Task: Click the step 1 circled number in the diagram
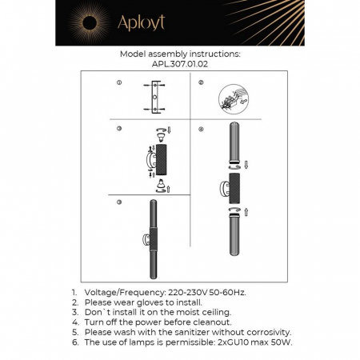coord(118,83)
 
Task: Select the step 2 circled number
coord(201,83)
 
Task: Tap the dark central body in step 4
coord(234,189)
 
